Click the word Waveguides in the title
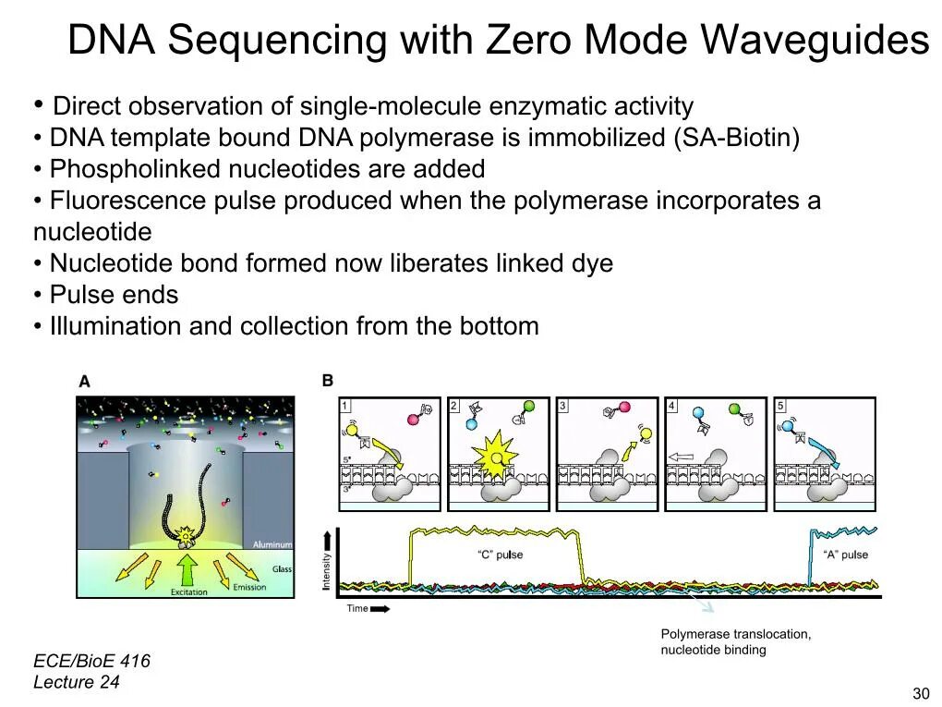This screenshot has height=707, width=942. pyautogui.click(x=814, y=41)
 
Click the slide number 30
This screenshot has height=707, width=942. pyautogui.click(x=920, y=694)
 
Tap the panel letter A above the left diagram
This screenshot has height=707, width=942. pyautogui.click(x=84, y=381)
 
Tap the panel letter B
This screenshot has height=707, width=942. pyautogui.click(x=327, y=381)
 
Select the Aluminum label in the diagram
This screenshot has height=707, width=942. pyautogui.click(x=272, y=545)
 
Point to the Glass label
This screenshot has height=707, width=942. pyautogui.click(x=282, y=569)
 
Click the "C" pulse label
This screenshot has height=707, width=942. pyautogui.click(x=500, y=555)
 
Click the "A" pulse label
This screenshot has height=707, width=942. pyautogui.click(x=845, y=555)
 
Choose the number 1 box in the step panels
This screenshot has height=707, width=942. pyautogui.click(x=345, y=406)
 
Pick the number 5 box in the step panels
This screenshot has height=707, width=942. pyautogui.click(x=780, y=406)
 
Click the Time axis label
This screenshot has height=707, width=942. pyautogui.click(x=357, y=608)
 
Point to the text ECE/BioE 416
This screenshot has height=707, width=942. pyautogui.click(x=91, y=662)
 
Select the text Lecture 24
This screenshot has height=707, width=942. pyautogui.click(x=77, y=683)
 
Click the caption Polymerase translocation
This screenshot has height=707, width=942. pyautogui.click(x=735, y=634)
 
